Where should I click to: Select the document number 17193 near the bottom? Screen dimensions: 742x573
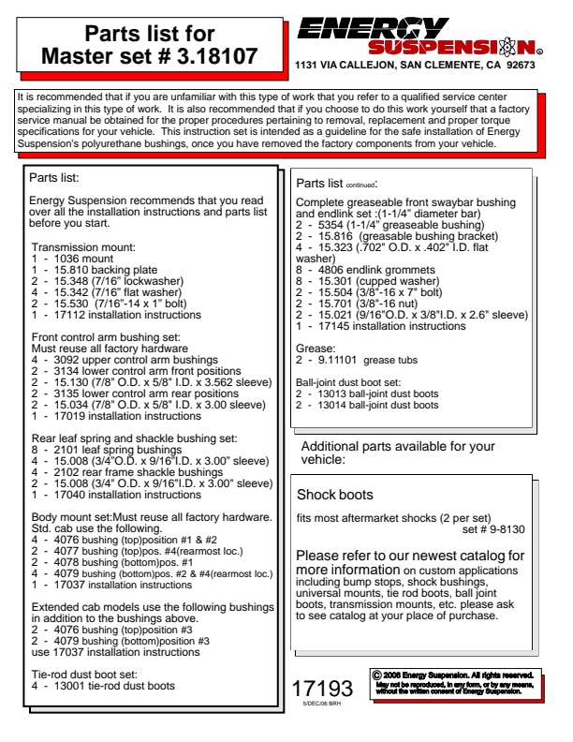click(321, 689)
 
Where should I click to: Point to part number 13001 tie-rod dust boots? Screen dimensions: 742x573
click(103, 686)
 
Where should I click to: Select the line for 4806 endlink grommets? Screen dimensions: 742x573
click(374, 269)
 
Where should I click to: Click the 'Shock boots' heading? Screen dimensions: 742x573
click(334, 494)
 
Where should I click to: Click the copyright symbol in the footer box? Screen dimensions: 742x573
click(376, 674)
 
